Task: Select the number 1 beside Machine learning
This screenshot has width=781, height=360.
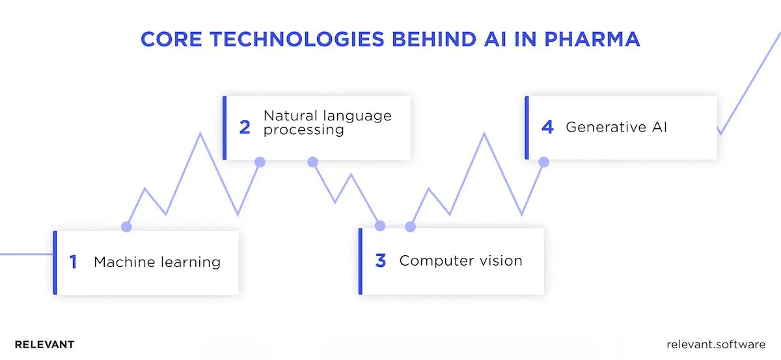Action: [x=73, y=262]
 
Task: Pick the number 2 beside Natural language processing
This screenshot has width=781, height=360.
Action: [x=245, y=127]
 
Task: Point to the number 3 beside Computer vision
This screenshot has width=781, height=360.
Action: [x=381, y=261]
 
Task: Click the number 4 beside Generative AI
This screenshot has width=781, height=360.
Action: [x=547, y=127]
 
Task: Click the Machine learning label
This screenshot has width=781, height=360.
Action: [x=157, y=262]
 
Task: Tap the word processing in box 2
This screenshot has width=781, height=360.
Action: [x=303, y=130]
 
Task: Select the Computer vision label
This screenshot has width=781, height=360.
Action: [x=461, y=261]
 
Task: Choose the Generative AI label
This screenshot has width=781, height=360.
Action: [x=616, y=127]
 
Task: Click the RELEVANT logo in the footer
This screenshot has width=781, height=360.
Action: [x=44, y=344]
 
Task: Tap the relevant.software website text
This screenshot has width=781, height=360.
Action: [x=717, y=344]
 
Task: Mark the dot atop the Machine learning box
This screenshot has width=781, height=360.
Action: [x=126, y=227]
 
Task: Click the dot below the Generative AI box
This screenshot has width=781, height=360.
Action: [x=544, y=161]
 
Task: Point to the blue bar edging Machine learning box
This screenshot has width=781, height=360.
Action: [x=55, y=262]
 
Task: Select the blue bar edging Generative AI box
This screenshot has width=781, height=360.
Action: [x=527, y=128]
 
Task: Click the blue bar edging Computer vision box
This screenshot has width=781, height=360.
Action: [x=361, y=261]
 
